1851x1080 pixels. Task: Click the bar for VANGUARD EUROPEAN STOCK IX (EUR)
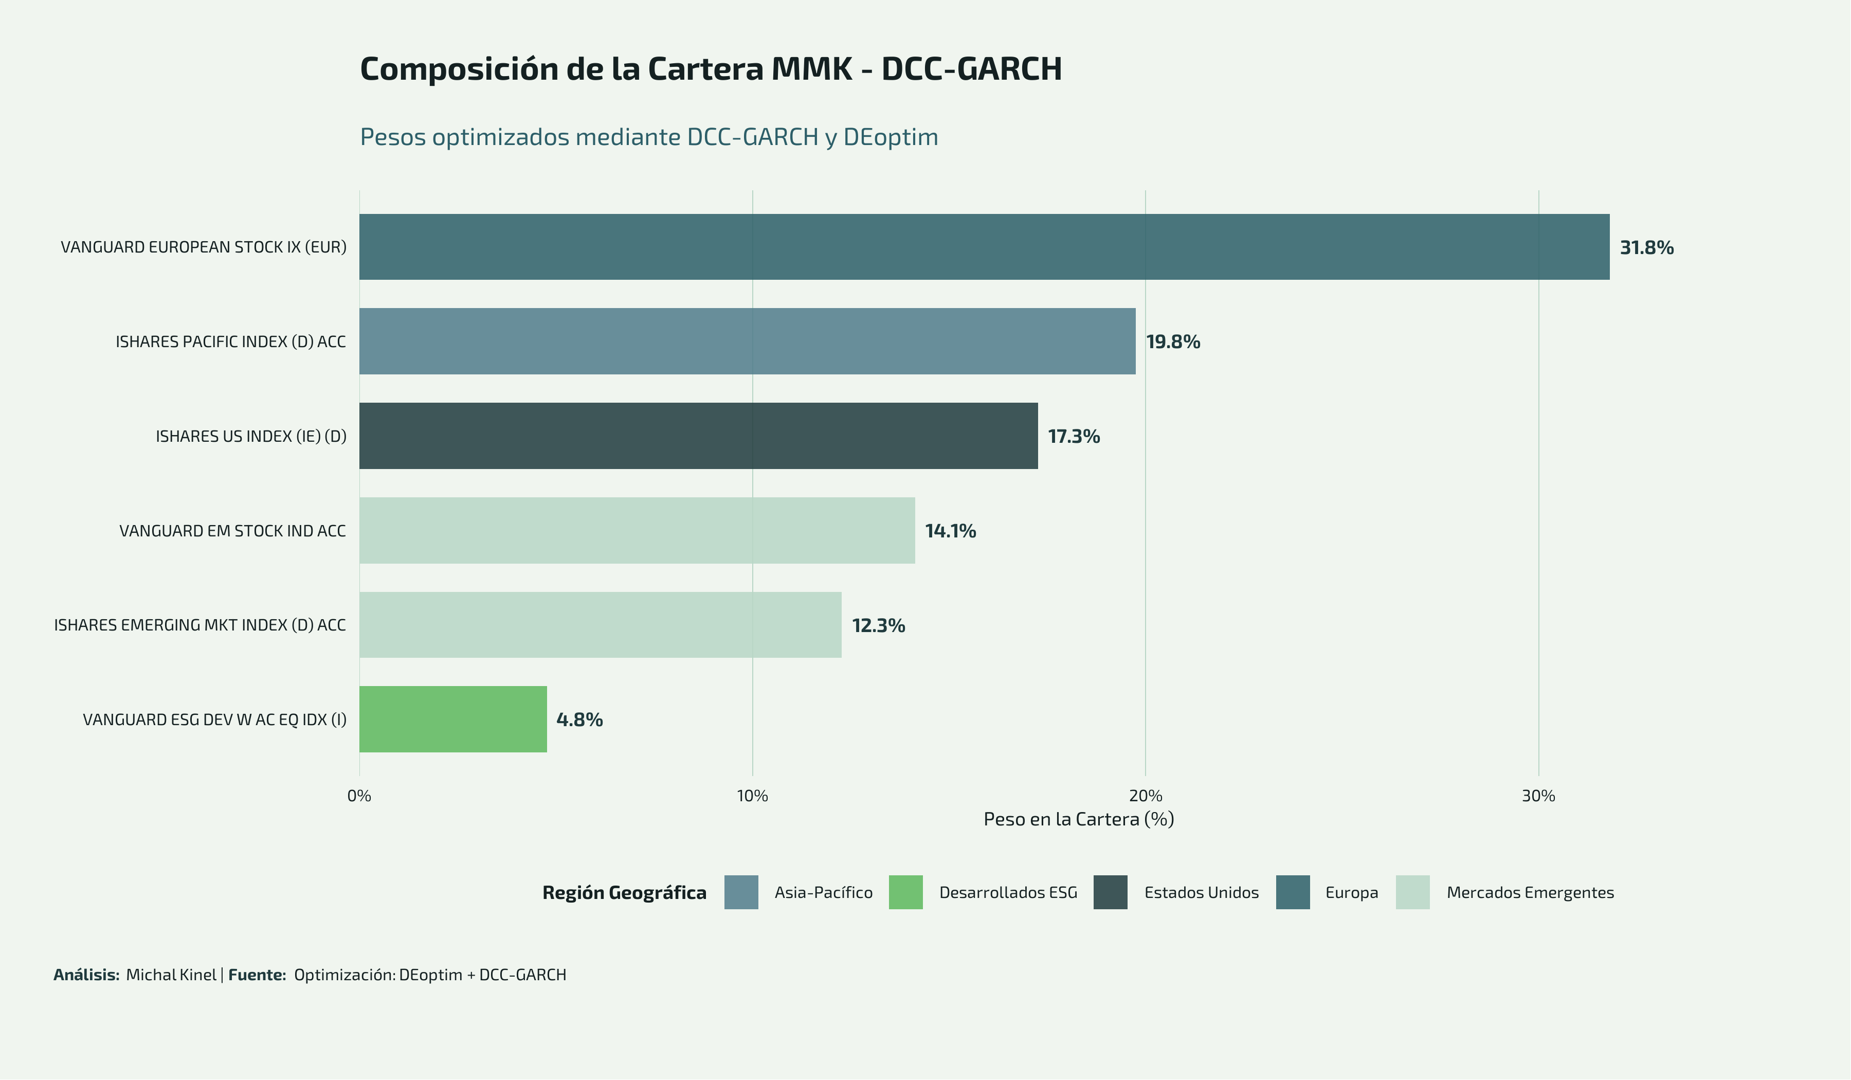(984, 247)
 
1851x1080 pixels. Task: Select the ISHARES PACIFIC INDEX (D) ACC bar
(747, 341)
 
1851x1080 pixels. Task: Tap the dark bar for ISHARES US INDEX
(698, 436)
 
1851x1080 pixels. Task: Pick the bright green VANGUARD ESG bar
(452, 719)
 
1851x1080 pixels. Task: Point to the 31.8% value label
(1647, 247)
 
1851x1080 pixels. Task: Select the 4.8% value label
(579, 719)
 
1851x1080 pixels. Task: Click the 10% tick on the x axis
(752, 796)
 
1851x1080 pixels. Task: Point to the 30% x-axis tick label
(1538, 796)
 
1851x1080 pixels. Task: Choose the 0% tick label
(359, 796)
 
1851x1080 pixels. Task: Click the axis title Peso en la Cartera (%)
(1078, 819)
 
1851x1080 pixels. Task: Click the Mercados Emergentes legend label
(1530, 893)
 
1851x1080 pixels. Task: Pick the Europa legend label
(1352, 893)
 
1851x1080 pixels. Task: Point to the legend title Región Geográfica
(624, 893)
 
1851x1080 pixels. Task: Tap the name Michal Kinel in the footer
(171, 975)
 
